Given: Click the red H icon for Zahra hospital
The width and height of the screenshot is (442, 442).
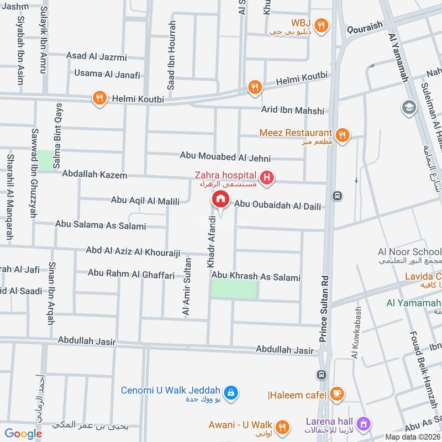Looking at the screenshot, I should (267, 178).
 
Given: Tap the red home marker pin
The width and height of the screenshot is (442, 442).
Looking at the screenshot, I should (220, 199).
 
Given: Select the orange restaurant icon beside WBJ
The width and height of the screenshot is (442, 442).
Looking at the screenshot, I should (322, 24).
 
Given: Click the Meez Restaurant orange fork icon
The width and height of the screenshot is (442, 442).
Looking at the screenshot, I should (343, 135).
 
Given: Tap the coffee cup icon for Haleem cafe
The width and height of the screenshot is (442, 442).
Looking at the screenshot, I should (336, 393).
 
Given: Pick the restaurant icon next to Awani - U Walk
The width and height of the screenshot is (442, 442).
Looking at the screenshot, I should (282, 426).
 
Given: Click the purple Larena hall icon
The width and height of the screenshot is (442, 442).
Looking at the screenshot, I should (364, 424).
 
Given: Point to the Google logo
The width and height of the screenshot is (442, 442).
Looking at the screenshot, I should (23, 434).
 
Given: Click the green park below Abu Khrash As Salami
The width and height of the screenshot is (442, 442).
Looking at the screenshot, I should (234, 289).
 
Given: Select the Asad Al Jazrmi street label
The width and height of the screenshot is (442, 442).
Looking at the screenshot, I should (96, 56).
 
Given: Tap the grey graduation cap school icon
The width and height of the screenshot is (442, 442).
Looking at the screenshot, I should (408, 106).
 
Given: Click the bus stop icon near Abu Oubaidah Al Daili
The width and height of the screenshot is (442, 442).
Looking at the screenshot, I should (337, 196).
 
